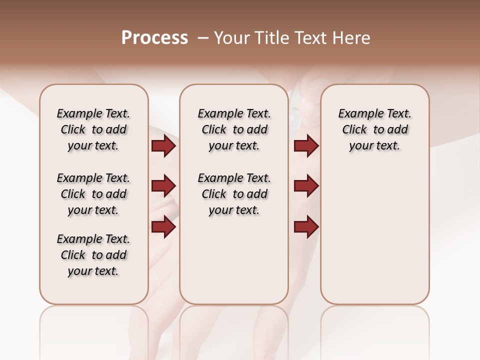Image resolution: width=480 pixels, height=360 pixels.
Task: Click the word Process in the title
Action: click(154, 37)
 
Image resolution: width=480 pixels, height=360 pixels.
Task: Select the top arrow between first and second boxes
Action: click(163, 146)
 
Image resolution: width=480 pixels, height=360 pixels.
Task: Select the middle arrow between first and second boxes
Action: click(163, 186)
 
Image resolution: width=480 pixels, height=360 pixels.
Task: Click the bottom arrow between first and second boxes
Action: click(163, 226)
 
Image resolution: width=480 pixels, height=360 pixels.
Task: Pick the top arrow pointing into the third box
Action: click(306, 146)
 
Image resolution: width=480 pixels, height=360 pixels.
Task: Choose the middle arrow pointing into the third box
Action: click(306, 186)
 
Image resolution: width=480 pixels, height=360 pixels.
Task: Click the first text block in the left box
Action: click(93, 129)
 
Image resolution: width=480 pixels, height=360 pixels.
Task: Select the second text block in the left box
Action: click(93, 194)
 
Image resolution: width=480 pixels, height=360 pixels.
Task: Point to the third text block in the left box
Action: click(93, 255)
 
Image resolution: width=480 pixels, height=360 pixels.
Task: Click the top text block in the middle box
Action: click(234, 129)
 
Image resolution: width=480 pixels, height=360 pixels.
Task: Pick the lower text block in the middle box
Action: click(234, 194)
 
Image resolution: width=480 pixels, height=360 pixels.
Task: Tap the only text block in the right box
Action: click(374, 129)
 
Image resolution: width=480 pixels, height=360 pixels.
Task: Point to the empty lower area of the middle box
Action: click(234, 260)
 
